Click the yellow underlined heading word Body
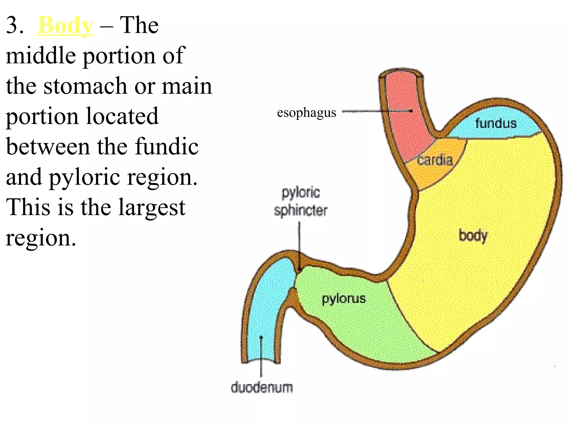point(66,26)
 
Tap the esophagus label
point(306,113)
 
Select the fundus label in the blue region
point(496,123)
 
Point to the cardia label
point(435,160)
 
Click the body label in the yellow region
point(473,236)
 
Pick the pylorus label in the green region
point(344,299)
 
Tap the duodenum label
point(262,387)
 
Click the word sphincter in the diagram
point(301,210)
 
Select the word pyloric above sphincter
point(301,192)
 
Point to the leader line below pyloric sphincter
point(299,242)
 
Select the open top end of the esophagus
point(401,73)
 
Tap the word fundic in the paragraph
point(167,147)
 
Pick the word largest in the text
point(152,207)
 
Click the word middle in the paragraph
point(41,56)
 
